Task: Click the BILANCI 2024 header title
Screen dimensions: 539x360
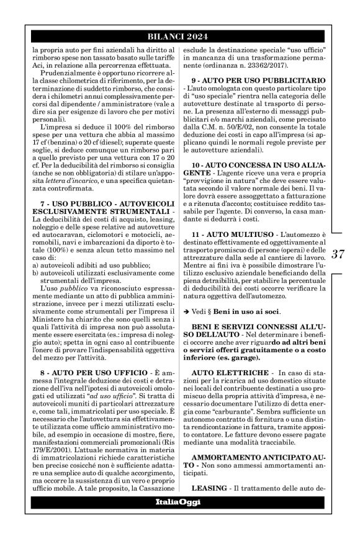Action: (x=179, y=36)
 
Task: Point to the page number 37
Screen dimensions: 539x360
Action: (x=338, y=254)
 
